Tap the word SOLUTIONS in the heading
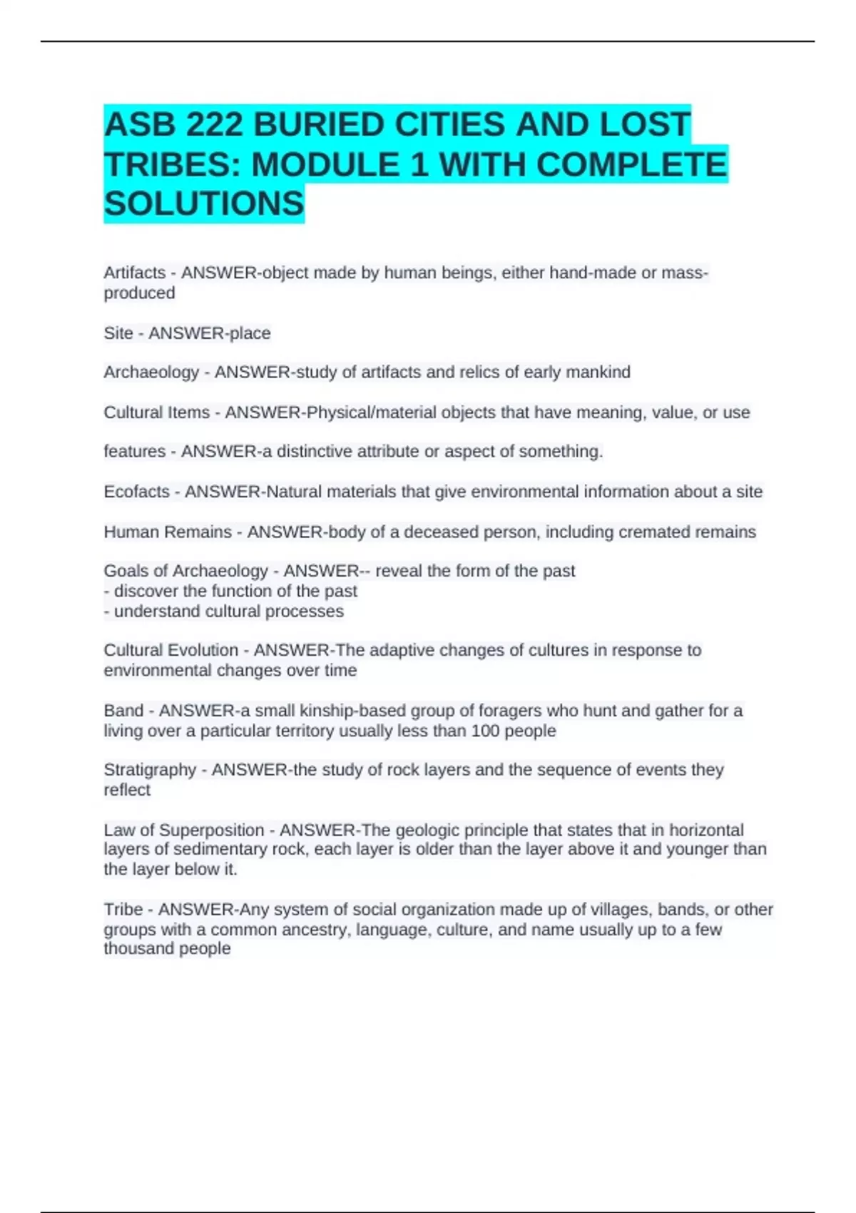click(204, 204)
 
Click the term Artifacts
click(135, 273)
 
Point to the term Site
click(118, 333)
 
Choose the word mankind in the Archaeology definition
click(598, 372)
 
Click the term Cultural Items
click(156, 412)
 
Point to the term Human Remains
click(168, 532)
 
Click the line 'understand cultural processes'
click(228, 611)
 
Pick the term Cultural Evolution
click(171, 650)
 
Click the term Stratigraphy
click(150, 770)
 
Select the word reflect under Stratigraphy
click(127, 790)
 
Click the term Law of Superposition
click(184, 831)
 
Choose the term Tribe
click(123, 910)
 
